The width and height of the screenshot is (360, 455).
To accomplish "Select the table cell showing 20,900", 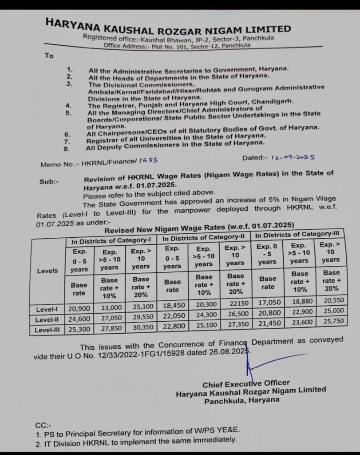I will click(x=79, y=308).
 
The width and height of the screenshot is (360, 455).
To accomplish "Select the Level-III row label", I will click(x=47, y=329).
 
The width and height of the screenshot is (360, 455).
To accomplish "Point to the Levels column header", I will click(x=47, y=271).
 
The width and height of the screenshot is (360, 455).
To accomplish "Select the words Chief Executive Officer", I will click(x=246, y=383).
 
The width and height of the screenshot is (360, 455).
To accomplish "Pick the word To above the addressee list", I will click(x=49, y=56).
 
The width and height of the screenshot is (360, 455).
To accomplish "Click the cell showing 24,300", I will click(x=204, y=317).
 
